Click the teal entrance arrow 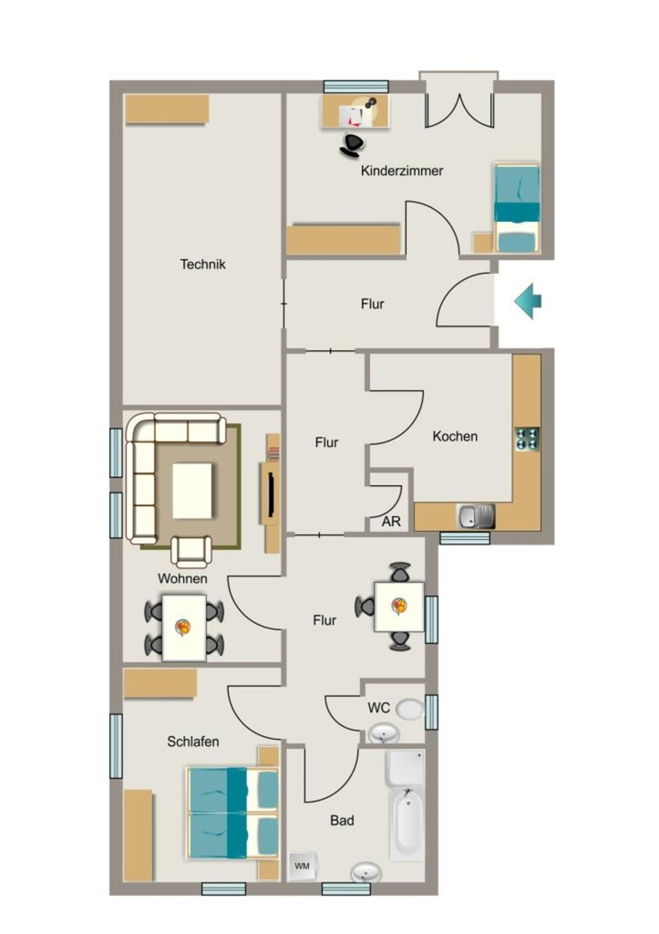[528, 301]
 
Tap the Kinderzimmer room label [402, 171]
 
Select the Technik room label [203, 264]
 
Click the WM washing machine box [303, 866]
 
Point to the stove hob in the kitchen [527, 439]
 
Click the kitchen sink [476, 516]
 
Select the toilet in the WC [410, 709]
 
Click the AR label [391, 522]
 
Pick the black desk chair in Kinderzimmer [352, 145]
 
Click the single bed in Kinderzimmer [518, 208]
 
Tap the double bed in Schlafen [233, 813]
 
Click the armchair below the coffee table [191, 551]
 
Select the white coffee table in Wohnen [192, 491]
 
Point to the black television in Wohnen [271, 493]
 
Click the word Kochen [455, 436]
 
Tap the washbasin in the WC [383, 733]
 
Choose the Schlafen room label [193, 742]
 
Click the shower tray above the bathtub [406, 767]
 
